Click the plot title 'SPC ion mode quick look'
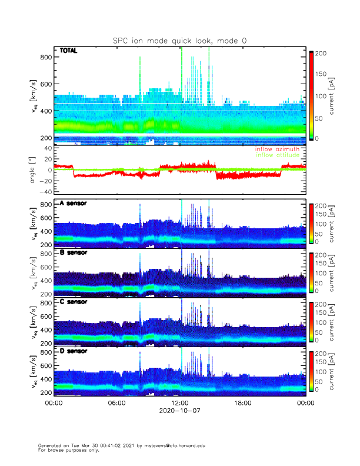click(179, 41)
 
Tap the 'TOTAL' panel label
click(69, 51)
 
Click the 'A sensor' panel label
click(74, 204)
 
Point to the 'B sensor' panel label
click(74, 252)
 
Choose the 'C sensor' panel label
click(74, 302)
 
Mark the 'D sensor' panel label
click(74, 351)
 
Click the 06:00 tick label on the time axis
click(116, 403)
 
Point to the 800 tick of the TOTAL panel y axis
click(46, 57)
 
